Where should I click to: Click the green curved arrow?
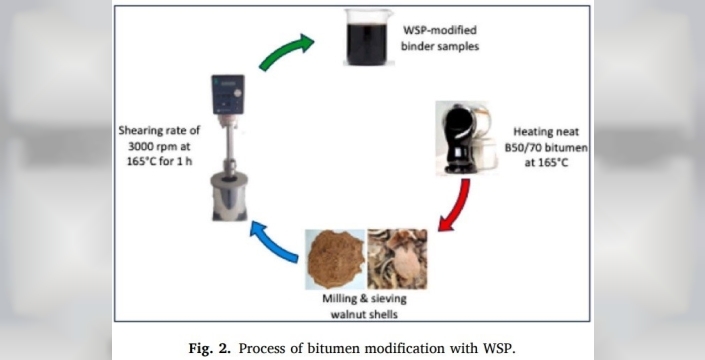pos(286,51)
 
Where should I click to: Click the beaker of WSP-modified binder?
pos(369,38)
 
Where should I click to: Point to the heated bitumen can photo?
pos(467,138)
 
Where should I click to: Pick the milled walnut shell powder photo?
pos(335,259)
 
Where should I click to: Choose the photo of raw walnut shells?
pos(397,259)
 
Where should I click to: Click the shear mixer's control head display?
pos(228,95)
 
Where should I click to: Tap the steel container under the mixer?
pos(229,197)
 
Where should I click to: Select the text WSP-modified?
pos(440,31)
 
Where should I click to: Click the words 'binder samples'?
pos(440,46)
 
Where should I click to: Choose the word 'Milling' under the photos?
pos(339,298)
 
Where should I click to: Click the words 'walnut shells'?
pos(364,314)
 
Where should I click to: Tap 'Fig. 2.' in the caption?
pos(210,348)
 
